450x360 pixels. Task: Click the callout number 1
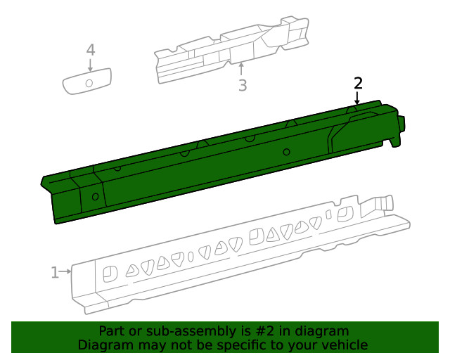tap(55, 272)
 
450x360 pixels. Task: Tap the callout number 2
tap(358, 83)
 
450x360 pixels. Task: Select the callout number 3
tap(242, 86)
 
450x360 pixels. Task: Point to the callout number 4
tap(90, 50)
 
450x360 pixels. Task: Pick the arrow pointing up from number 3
tap(242, 69)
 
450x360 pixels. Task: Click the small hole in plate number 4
tap(89, 83)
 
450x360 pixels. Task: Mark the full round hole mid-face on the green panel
tap(286, 153)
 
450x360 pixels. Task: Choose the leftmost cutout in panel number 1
tap(110, 274)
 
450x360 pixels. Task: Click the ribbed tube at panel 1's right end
tap(383, 203)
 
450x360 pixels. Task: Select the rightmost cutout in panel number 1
tap(345, 213)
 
